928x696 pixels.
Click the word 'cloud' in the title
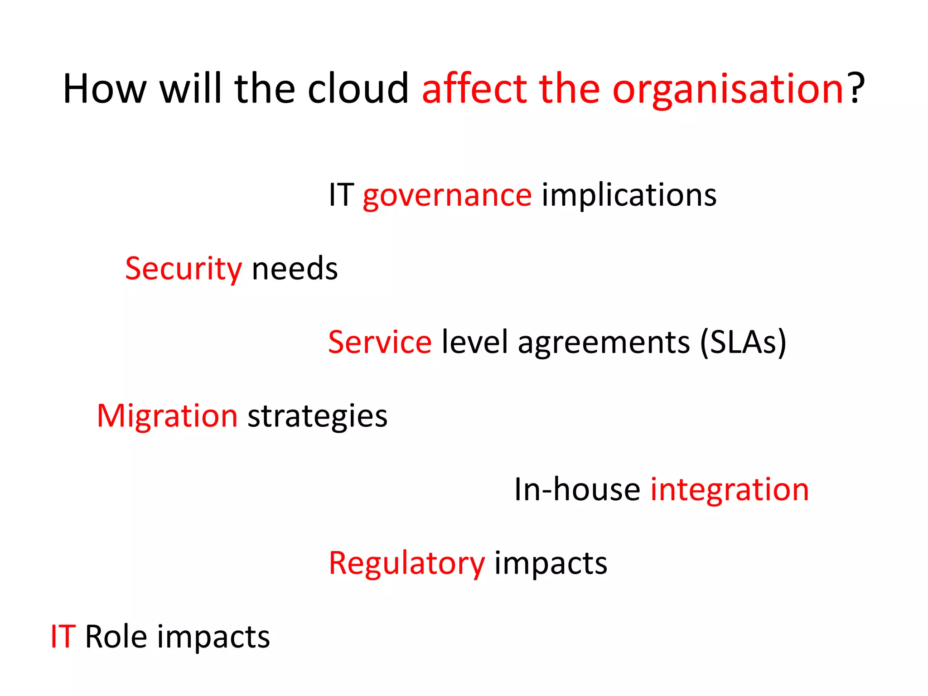tap(358, 89)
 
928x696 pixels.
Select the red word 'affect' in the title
tap(474, 89)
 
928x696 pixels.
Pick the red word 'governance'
tap(447, 196)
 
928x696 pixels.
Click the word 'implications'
tap(629, 196)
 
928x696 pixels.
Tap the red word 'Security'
tap(184, 269)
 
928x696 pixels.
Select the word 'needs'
tap(295, 269)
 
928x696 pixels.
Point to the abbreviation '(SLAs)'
tap(743, 343)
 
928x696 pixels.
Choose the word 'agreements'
tap(604, 343)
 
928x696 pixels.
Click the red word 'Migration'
tap(167, 416)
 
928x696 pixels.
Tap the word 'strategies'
tap(317, 417)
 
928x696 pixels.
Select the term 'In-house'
tap(577, 490)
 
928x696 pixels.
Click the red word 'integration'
tap(730, 490)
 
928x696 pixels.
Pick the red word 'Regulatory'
tap(406, 564)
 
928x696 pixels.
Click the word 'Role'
tap(116, 637)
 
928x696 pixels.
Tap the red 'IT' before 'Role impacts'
tap(63, 637)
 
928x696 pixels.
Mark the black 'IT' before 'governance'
tap(341, 196)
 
